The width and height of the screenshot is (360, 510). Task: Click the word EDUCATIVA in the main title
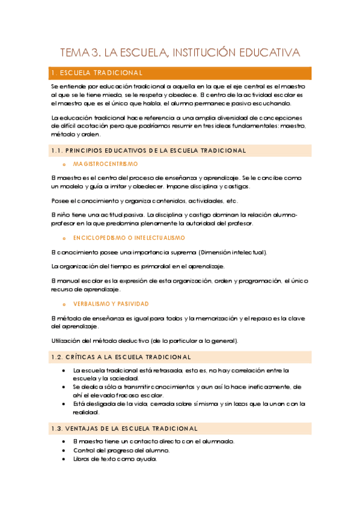(x=267, y=54)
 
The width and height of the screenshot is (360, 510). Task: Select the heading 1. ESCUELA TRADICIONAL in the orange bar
(x=97, y=73)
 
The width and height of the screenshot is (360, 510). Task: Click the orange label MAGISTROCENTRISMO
(x=105, y=164)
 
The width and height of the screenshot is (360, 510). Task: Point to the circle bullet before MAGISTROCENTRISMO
(x=64, y=164)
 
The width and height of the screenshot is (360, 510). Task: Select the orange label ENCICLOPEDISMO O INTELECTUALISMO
(x=129, y=238)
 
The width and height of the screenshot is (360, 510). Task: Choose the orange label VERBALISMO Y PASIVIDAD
(x=111, y=304)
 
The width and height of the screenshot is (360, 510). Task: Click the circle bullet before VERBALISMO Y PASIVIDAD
(x=64, y=304)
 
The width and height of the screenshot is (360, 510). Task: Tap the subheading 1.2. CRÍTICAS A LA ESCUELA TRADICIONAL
(x=122, y=357)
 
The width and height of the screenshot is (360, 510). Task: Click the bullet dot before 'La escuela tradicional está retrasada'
(x=64, y=370)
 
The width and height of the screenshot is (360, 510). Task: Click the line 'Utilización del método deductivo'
(x=145, y=341)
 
